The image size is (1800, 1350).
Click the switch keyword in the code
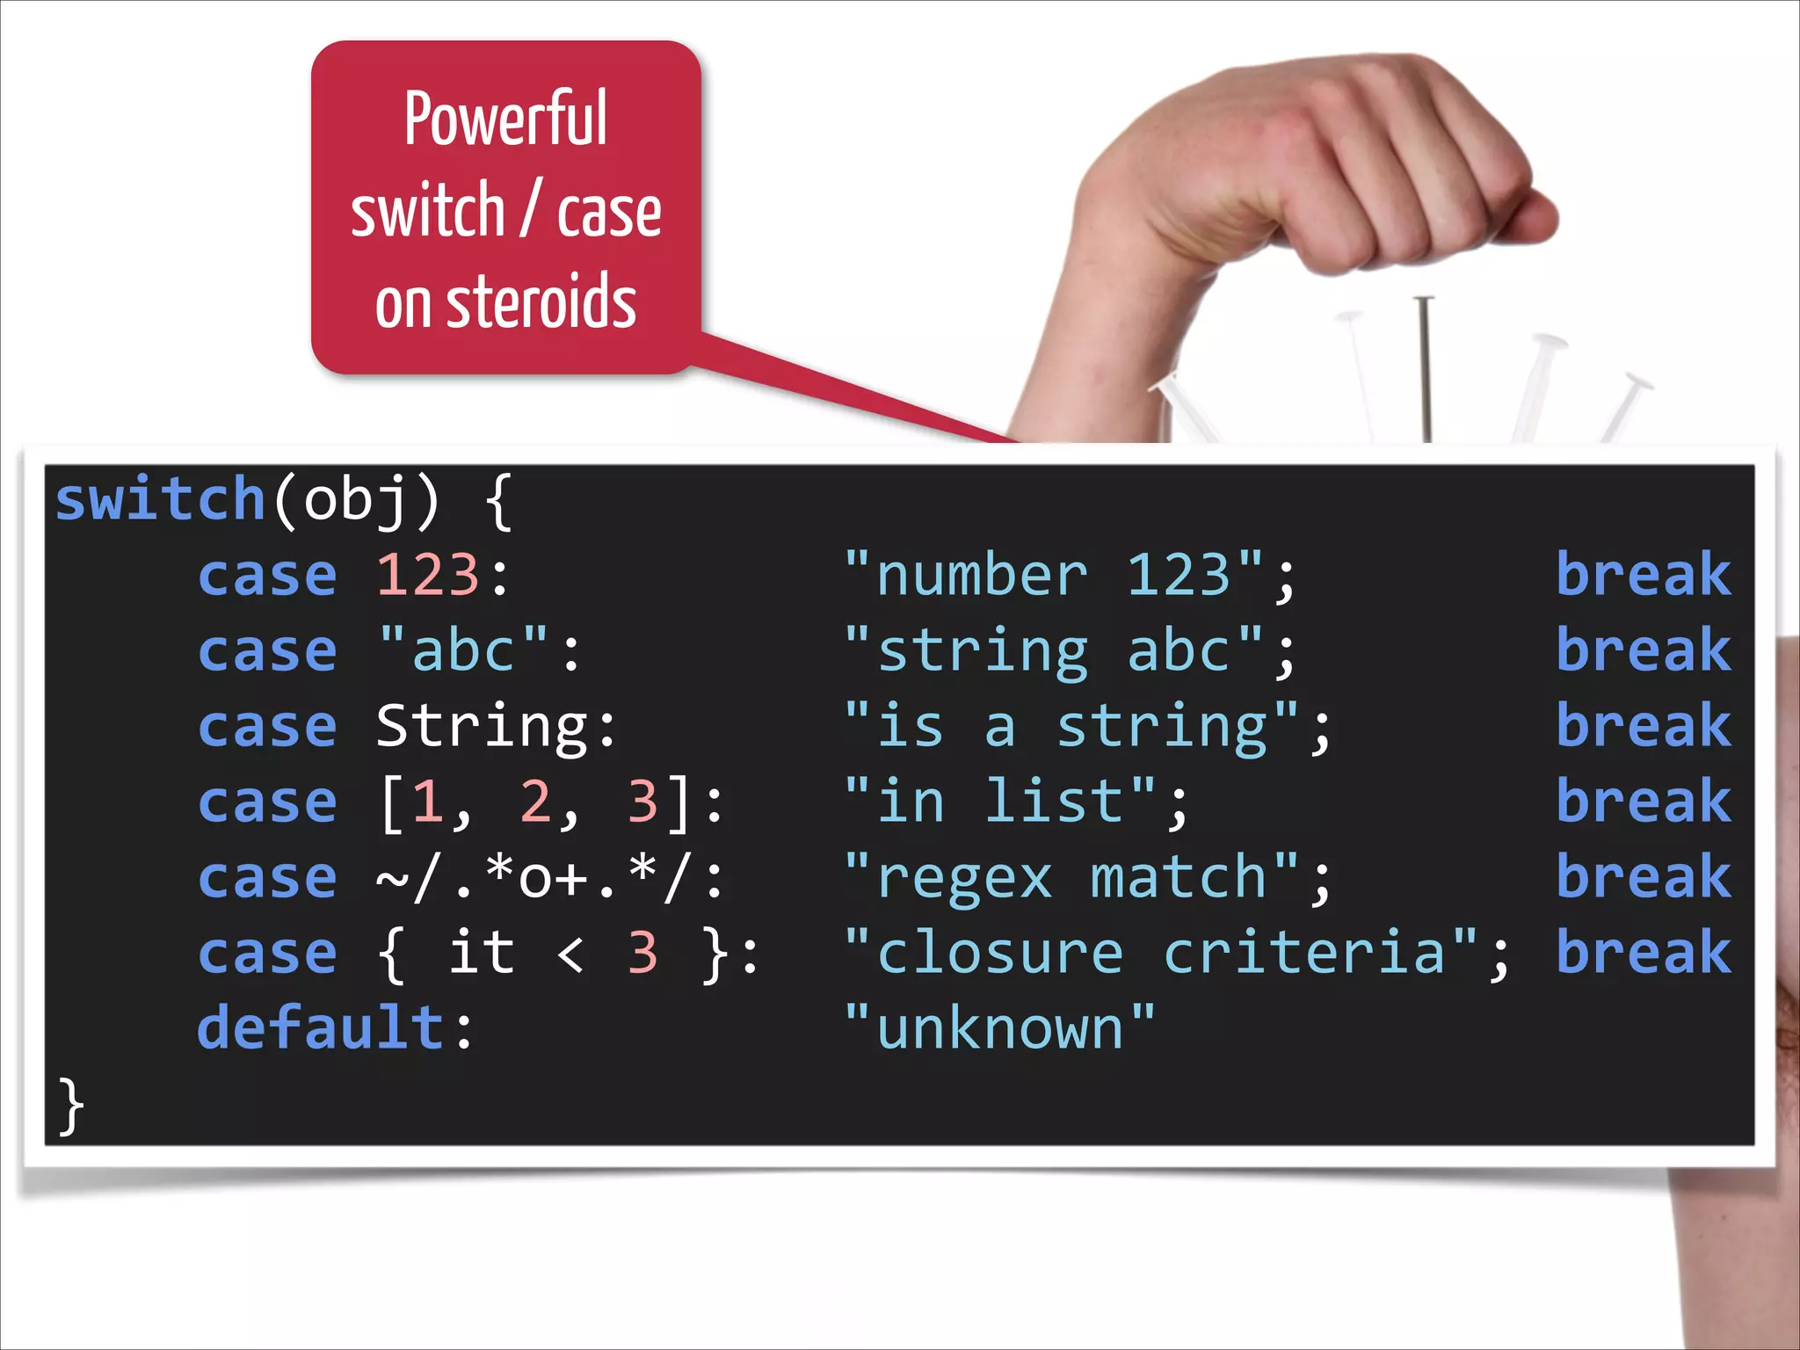pyautogui.click(x=160, y=499)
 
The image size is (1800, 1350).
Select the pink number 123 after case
pyautogui.click(x=428, y=576)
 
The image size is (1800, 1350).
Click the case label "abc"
pyautogui.click(x=463, y=651)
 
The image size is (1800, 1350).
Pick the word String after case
pyautogui.click(x=482, y=727)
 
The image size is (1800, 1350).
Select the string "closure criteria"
pyautogui.click(x=1160, y=954)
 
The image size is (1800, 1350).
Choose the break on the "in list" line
pyautogui.click(x=1644, y=802)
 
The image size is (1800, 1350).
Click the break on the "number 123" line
pyautogui.click(x=1644, y=576)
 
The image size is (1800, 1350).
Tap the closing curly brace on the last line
pyautogui.click(x=71, y=1106)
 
